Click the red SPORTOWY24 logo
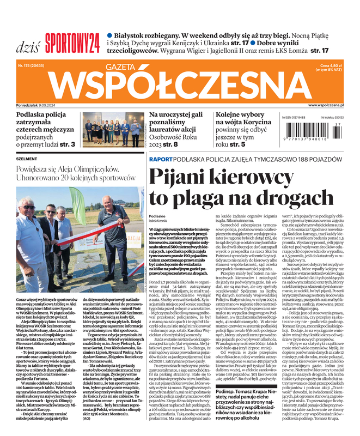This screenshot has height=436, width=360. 72,40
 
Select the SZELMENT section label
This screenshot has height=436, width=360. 27,159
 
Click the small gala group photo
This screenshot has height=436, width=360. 107,132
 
